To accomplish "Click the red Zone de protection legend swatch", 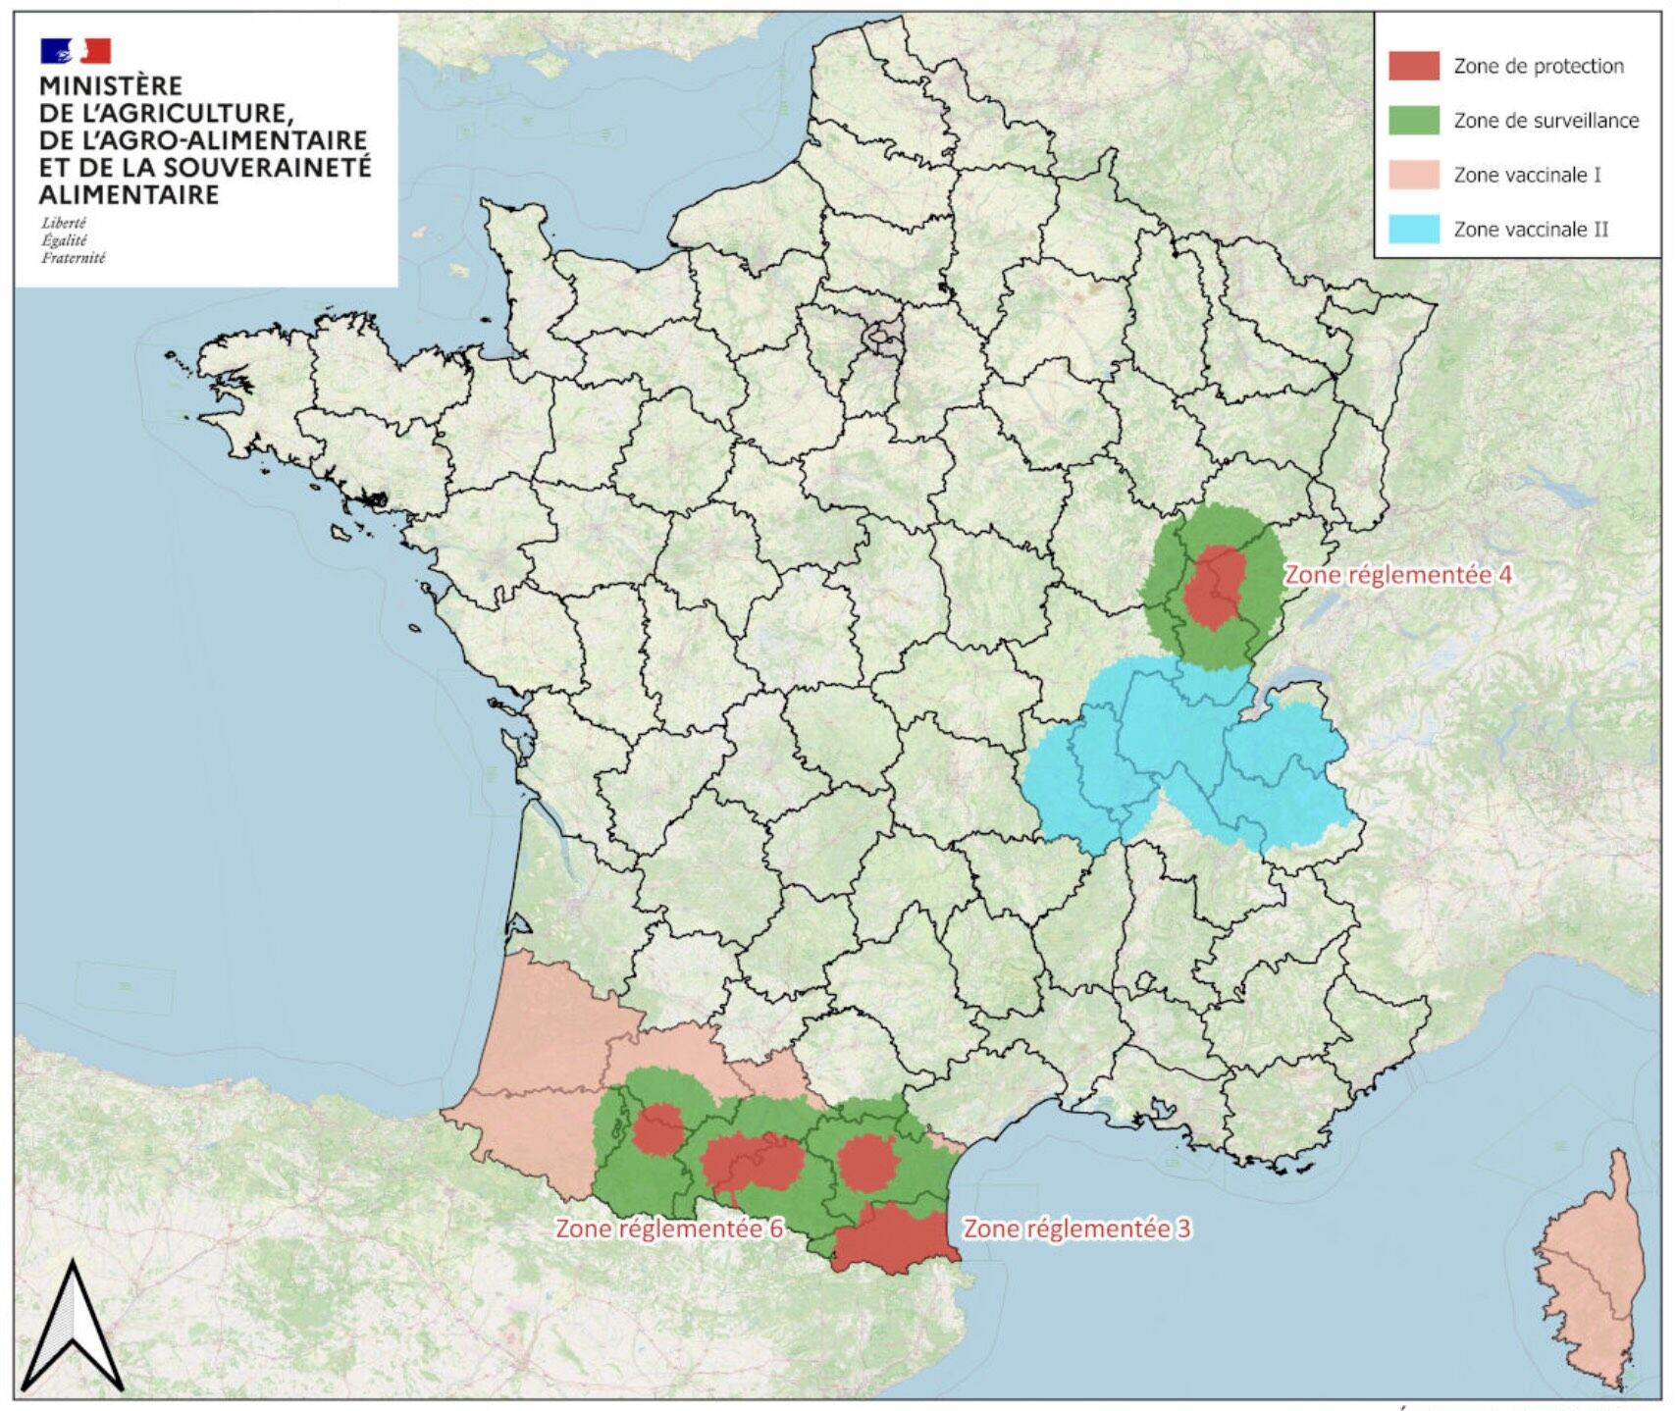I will click(1413, 66).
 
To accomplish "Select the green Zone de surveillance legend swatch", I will click(1413, 120).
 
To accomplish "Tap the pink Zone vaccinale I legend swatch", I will click(1413, 175).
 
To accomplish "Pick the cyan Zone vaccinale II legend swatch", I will click(1413, 229).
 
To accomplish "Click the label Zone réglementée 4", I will click(1398, 575).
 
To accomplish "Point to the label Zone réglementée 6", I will click(669, 1228).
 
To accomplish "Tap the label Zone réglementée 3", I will click(1076, 1228).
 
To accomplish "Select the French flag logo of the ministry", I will click(76, 50).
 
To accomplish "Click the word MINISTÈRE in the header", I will click(111, 86).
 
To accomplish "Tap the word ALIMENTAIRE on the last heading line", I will click(129, 194).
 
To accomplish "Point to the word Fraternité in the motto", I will click(73, 258).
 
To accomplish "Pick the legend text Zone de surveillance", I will click(1545, 120).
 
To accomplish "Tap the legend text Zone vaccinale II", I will click(1531, 229).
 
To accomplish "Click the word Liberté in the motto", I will click(64, 223).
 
